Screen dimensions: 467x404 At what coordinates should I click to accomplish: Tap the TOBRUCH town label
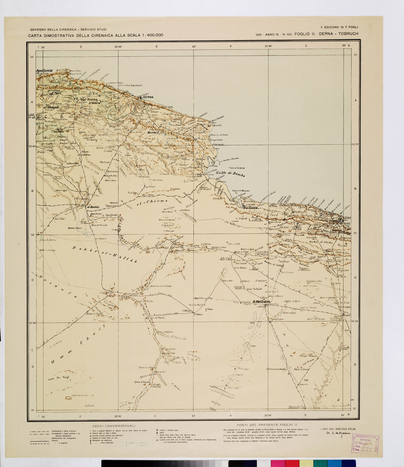(336, 221)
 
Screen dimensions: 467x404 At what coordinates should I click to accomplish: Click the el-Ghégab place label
(51, 107)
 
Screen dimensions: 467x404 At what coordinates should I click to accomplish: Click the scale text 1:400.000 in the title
(147, 35)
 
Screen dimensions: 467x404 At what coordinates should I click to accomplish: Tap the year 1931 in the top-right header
(262, 34)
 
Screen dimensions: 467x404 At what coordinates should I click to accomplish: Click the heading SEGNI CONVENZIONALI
(114, 426)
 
